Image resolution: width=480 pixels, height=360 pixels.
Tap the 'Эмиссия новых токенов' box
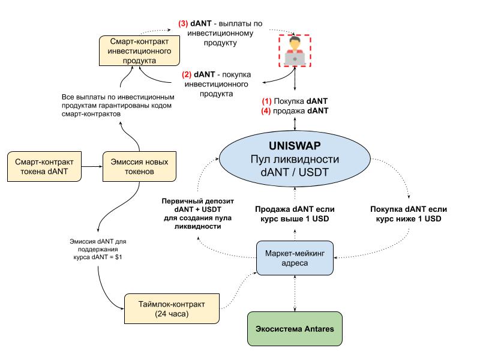(x=136, y=167)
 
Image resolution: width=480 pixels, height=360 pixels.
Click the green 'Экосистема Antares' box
(x=295, y=329)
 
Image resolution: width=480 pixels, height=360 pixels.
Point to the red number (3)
(x=184, y=23)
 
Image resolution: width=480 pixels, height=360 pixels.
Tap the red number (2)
(x=187, y=74)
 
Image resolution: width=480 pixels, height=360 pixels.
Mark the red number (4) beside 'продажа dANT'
(x=266, y=111)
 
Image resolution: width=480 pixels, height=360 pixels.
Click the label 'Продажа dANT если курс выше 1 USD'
(x=295, y=214)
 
